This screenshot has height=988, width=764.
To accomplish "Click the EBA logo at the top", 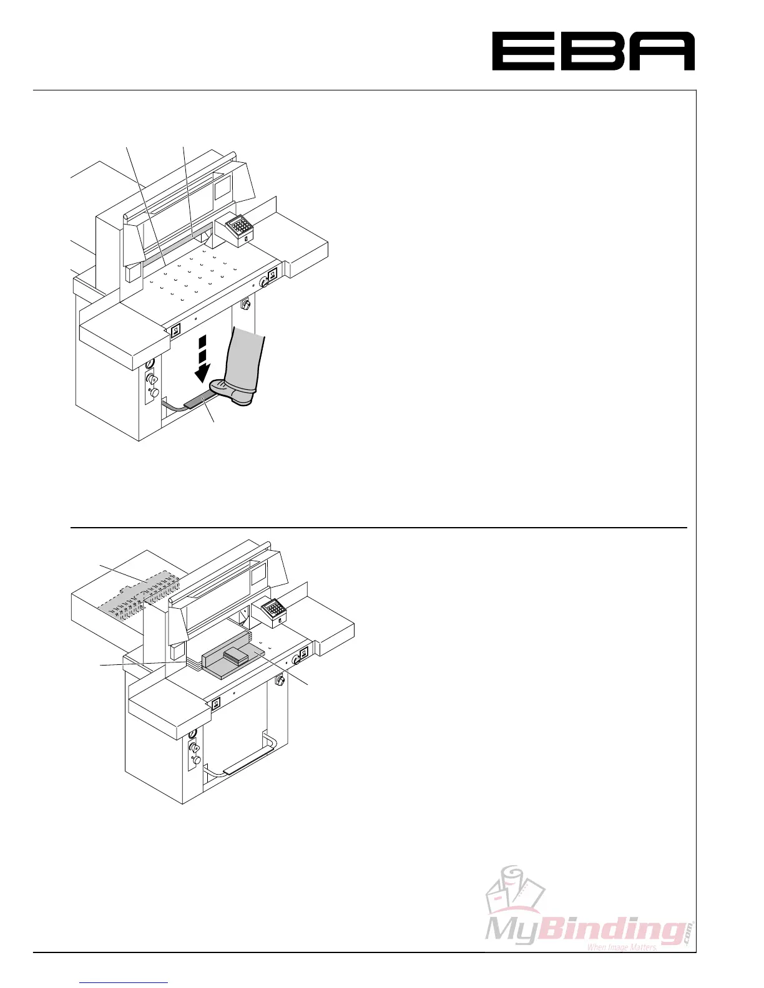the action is point(593,51).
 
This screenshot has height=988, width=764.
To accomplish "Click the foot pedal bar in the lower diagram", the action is point(247,762).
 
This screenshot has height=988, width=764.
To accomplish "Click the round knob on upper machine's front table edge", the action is point(264,283).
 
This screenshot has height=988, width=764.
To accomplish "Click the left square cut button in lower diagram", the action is point(216,704).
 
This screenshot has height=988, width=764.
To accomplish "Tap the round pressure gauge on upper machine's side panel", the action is point(149,364).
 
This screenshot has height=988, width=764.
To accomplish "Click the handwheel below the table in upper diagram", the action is point(245,306).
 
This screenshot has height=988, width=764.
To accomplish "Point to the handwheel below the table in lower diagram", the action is point(280,680).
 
